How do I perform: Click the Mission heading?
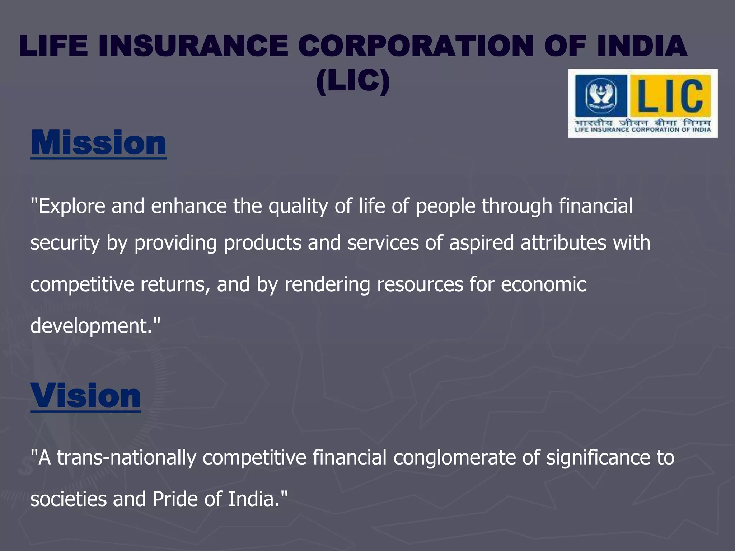click(99, 143)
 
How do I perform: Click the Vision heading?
click(86, 396)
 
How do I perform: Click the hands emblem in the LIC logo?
click(600, 95)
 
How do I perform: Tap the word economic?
click(543, 285)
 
